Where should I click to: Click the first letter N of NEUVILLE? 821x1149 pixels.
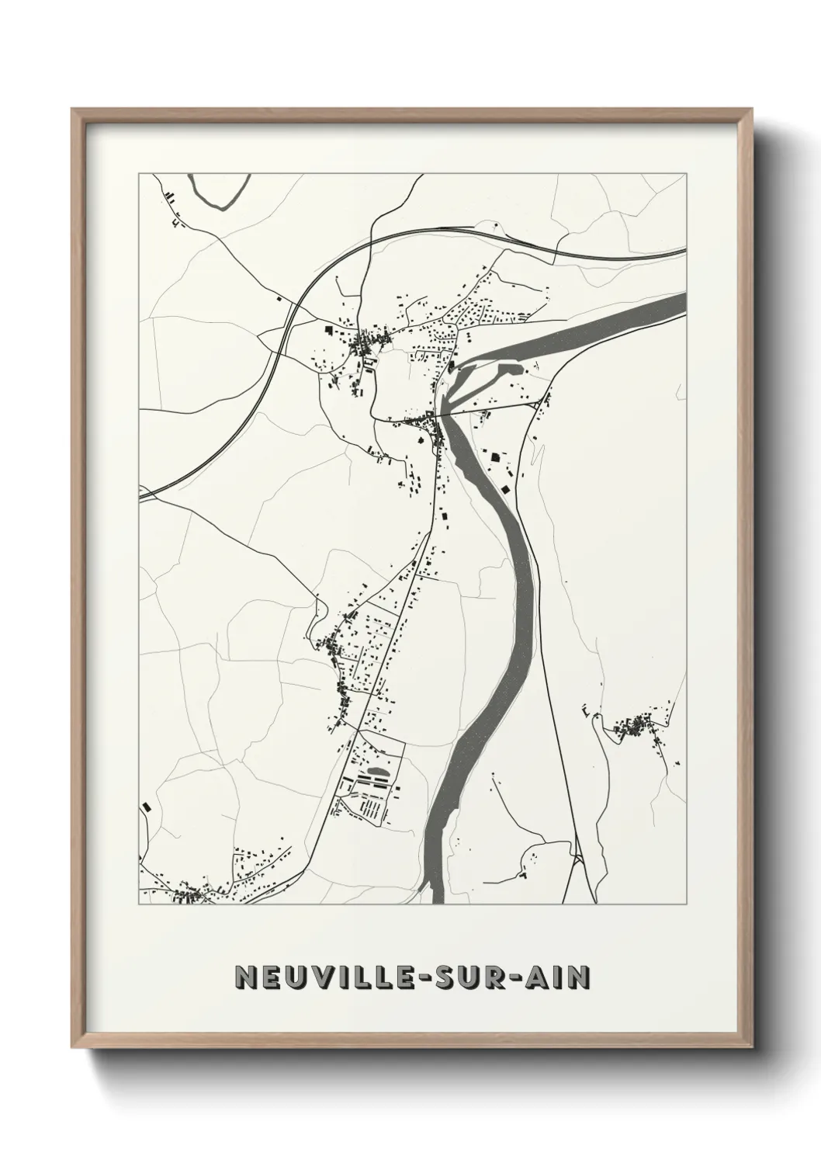point(247,977)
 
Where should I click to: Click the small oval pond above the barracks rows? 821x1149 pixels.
point(377,772)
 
